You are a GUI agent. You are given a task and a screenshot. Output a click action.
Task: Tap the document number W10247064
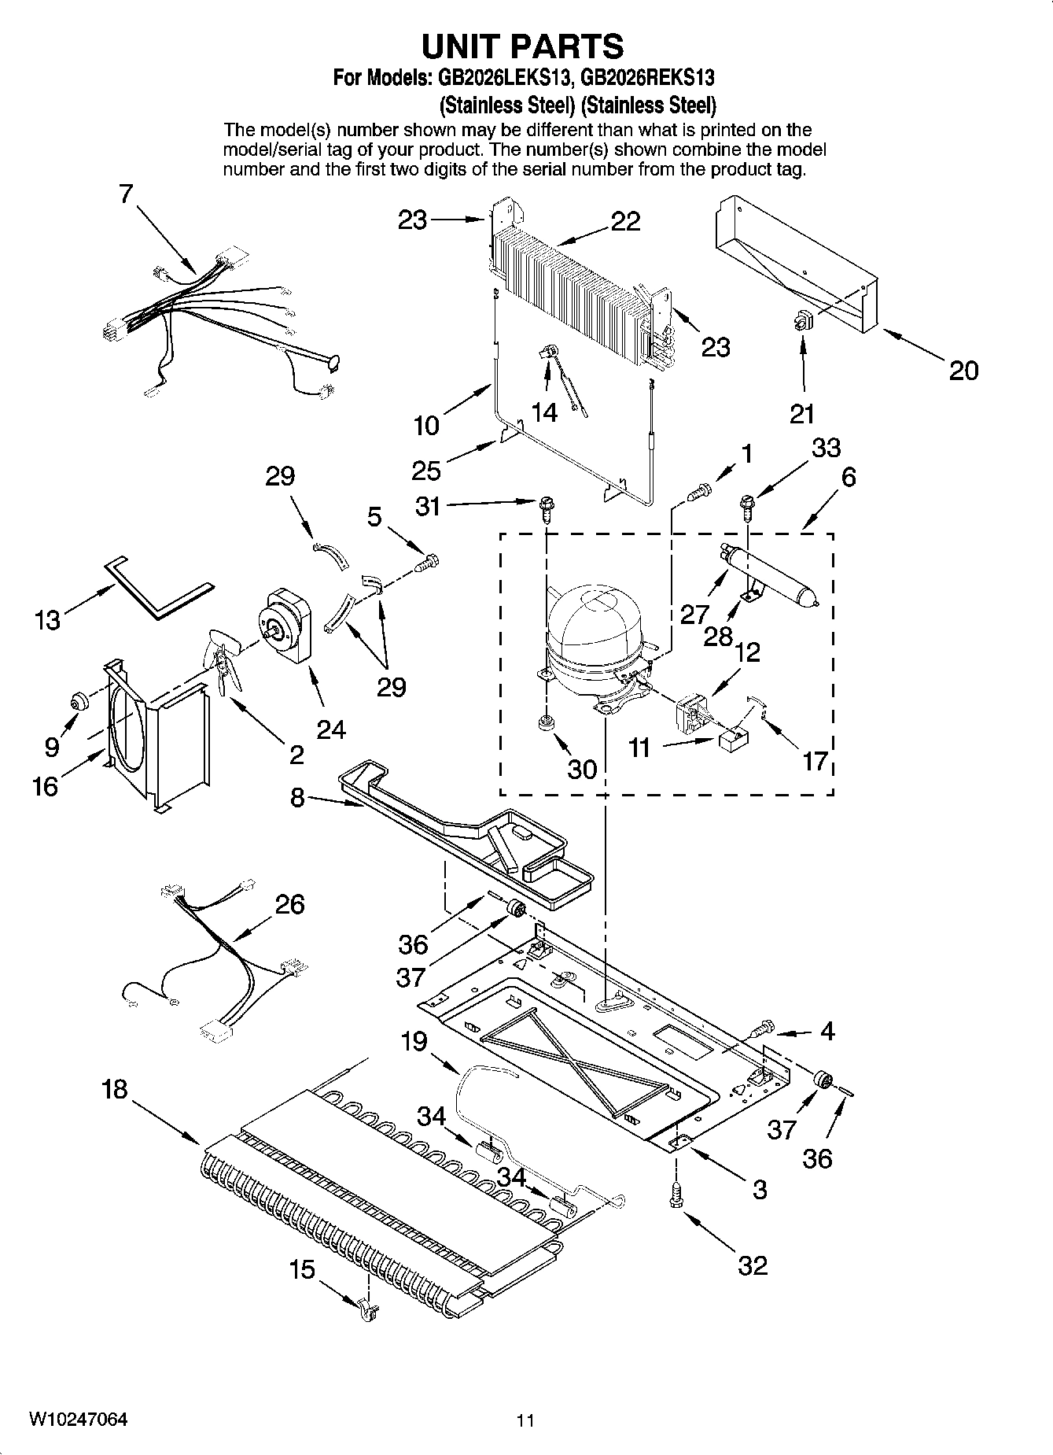[78, 1420]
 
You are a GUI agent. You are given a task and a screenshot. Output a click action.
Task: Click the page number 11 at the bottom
[525, 1420]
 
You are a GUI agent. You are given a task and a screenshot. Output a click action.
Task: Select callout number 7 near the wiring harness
[127, 194]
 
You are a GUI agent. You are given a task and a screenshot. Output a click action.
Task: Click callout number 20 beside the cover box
[963, 370]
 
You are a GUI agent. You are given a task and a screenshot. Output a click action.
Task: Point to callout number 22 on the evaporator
[625, 222]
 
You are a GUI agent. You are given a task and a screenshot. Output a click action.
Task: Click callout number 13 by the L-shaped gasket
[47, 620]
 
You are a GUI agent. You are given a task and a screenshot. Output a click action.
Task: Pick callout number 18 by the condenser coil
[115, 1090]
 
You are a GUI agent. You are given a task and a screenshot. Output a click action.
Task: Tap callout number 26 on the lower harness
[289, 904]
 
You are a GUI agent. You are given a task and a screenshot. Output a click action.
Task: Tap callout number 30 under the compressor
[582, 769]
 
